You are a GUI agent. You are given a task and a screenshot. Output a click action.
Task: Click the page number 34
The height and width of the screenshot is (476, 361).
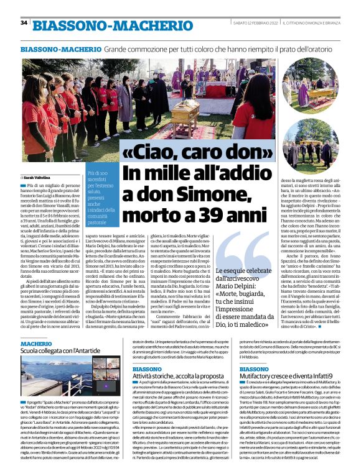(24, 23)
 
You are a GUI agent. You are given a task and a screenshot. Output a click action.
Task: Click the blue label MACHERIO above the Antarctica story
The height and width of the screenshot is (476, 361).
(36, 343)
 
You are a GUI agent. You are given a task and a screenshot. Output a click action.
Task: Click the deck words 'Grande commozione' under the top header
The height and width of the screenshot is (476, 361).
(129, 48)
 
